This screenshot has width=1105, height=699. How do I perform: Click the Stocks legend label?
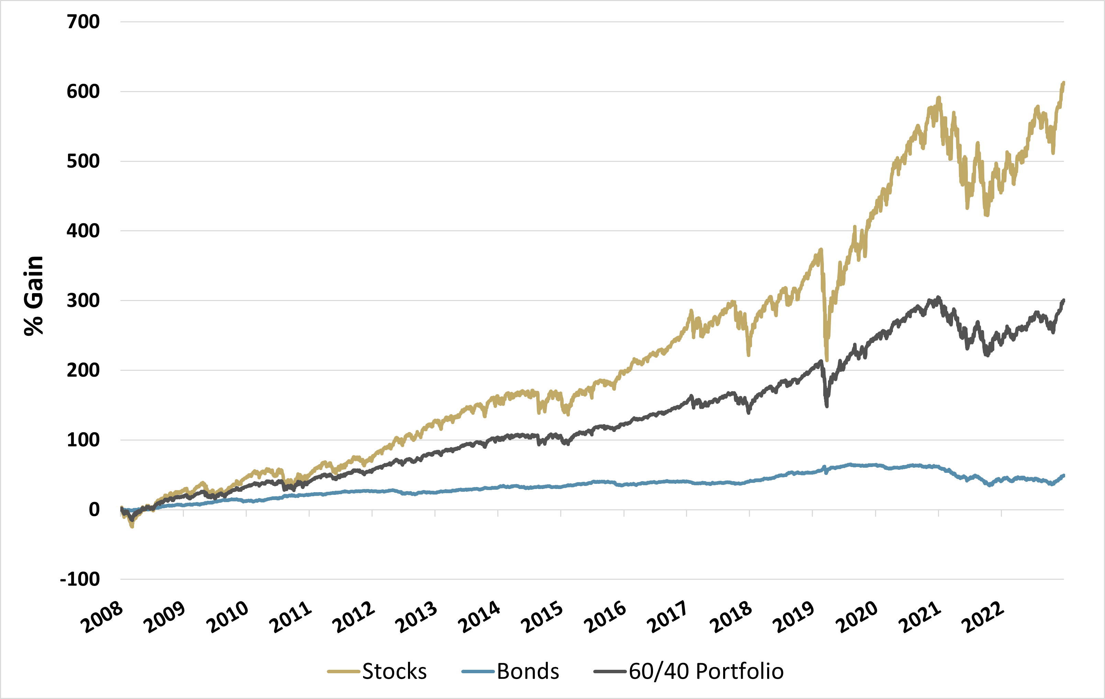point(394,672)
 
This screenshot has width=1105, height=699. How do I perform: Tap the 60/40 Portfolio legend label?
point(706,672)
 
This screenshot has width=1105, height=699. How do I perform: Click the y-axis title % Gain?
point(33,296)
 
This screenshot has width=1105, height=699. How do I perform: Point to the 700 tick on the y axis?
point(83,22)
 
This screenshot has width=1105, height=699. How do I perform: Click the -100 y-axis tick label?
point(80,579)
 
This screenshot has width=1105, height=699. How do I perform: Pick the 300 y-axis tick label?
point(83,301)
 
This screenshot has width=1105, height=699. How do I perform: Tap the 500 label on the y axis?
point(83,161)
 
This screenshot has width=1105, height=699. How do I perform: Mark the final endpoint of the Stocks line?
point(1064,82)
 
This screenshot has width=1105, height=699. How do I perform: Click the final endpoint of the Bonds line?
point(1064,476)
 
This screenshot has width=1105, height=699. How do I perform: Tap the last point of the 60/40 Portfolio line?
point(1064,300)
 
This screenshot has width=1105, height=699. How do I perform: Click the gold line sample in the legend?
point(343,672)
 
